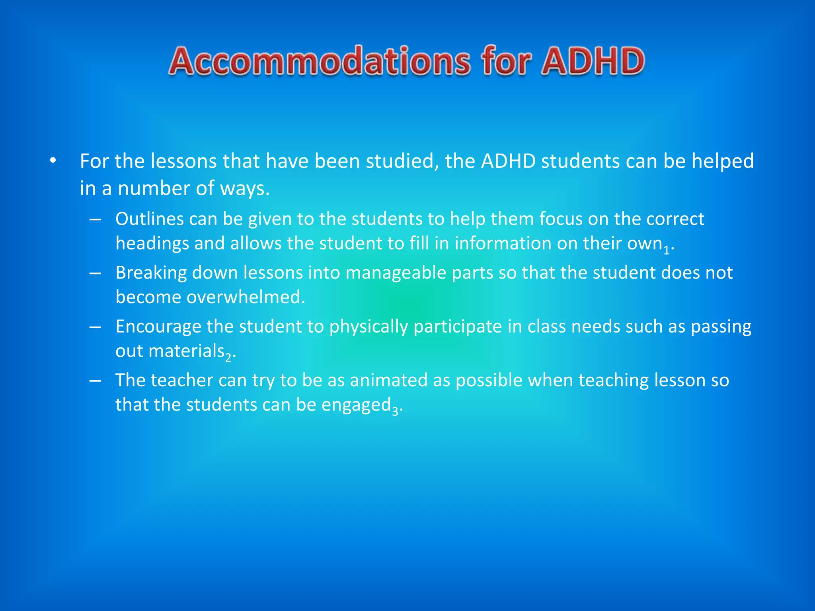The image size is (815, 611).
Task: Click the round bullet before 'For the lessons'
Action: (53, 161)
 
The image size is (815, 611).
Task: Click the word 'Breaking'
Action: (151, 273)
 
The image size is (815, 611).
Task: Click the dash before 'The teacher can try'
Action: (95, 381)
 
